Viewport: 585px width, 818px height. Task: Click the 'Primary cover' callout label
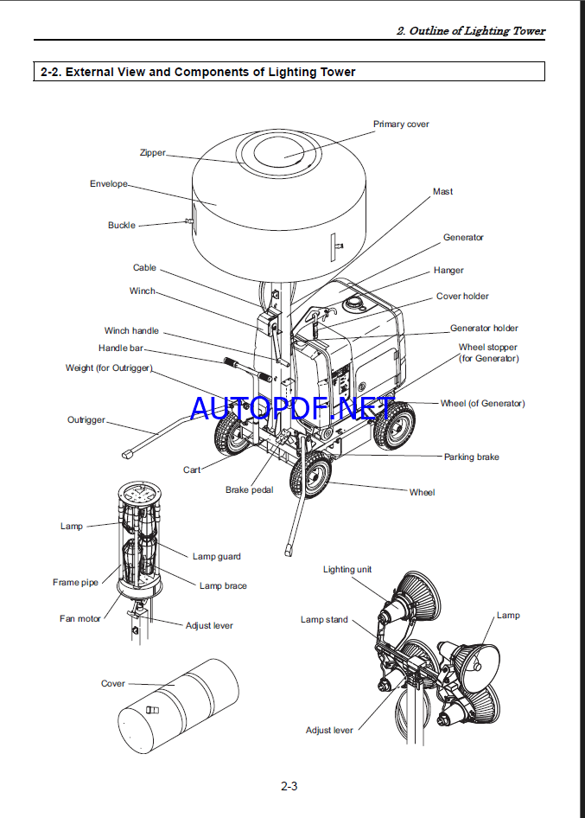(x=401, y=125)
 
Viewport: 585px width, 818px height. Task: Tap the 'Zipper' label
(x=152, y=153)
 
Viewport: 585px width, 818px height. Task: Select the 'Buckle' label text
(x=122, y=226)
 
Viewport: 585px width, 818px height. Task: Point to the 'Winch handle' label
(x=131, y=331)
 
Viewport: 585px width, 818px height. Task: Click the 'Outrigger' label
(x=86, y=420)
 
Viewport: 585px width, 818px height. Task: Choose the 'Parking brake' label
(x=471, y=457)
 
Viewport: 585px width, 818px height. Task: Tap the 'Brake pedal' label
(x=249, y=490)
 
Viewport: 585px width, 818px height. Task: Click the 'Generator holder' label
(x=484, y=329)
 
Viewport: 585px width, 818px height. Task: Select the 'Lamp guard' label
(x=216, y=557)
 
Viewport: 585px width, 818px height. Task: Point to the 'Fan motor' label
(x=80, y=619)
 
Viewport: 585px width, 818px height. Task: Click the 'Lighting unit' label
(x=347, y=570)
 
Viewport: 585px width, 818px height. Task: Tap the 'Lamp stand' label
(x=324, y=620)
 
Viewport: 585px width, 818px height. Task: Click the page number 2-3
(x=289, y=787)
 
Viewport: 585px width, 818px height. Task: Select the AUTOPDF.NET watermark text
(x=292, y=407)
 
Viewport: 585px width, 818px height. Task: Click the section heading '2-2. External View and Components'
(x=198, y=73)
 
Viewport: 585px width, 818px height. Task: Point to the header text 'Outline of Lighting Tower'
(x=471, y=31)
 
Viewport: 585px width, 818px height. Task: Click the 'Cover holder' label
(x=462, y=297)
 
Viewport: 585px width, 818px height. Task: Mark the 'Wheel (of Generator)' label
(x=482, y=404)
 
